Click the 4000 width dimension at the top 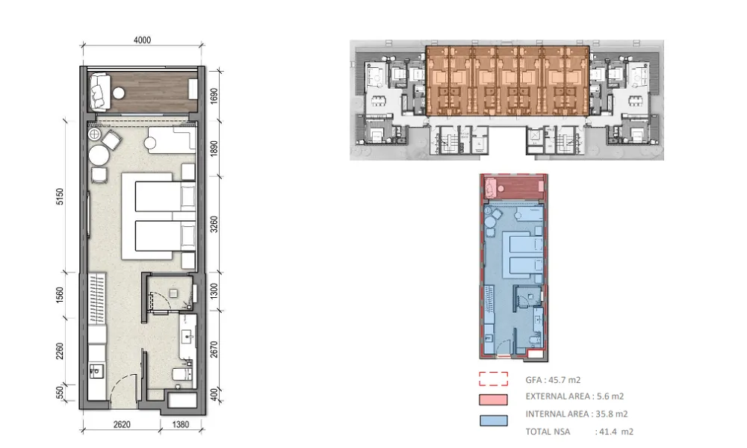142,40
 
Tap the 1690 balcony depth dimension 214,96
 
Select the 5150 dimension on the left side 60,196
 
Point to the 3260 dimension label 214,224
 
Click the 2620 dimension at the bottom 122,424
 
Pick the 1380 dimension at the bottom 180,424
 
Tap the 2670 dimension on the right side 214,349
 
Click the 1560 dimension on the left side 60,295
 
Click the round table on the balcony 119,93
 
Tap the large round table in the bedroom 99,155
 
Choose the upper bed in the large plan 165,196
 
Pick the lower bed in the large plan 165,236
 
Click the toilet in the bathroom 182,374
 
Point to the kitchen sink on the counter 96,370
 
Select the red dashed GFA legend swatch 494,379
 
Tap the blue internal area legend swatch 494,420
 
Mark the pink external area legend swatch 494,399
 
